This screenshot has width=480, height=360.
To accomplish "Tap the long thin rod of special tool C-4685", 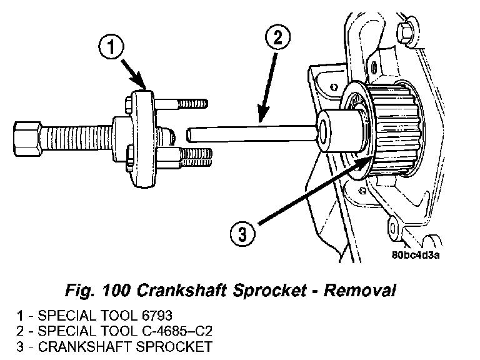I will click(x=250, y=132).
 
